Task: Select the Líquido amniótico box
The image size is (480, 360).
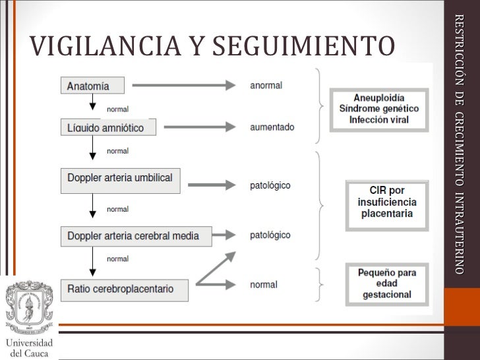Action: click(108, 127)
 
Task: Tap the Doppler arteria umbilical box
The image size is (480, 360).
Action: click(120, 178)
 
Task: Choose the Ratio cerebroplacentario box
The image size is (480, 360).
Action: click(125, 289)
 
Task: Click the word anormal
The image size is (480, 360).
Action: click(266, 85)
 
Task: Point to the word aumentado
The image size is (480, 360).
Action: click(272, 127)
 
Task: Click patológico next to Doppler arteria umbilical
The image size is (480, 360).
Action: click(270, 185)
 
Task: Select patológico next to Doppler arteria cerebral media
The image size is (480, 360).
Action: click(270, 235)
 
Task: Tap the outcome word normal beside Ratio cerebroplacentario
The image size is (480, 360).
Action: click(263, 285)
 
